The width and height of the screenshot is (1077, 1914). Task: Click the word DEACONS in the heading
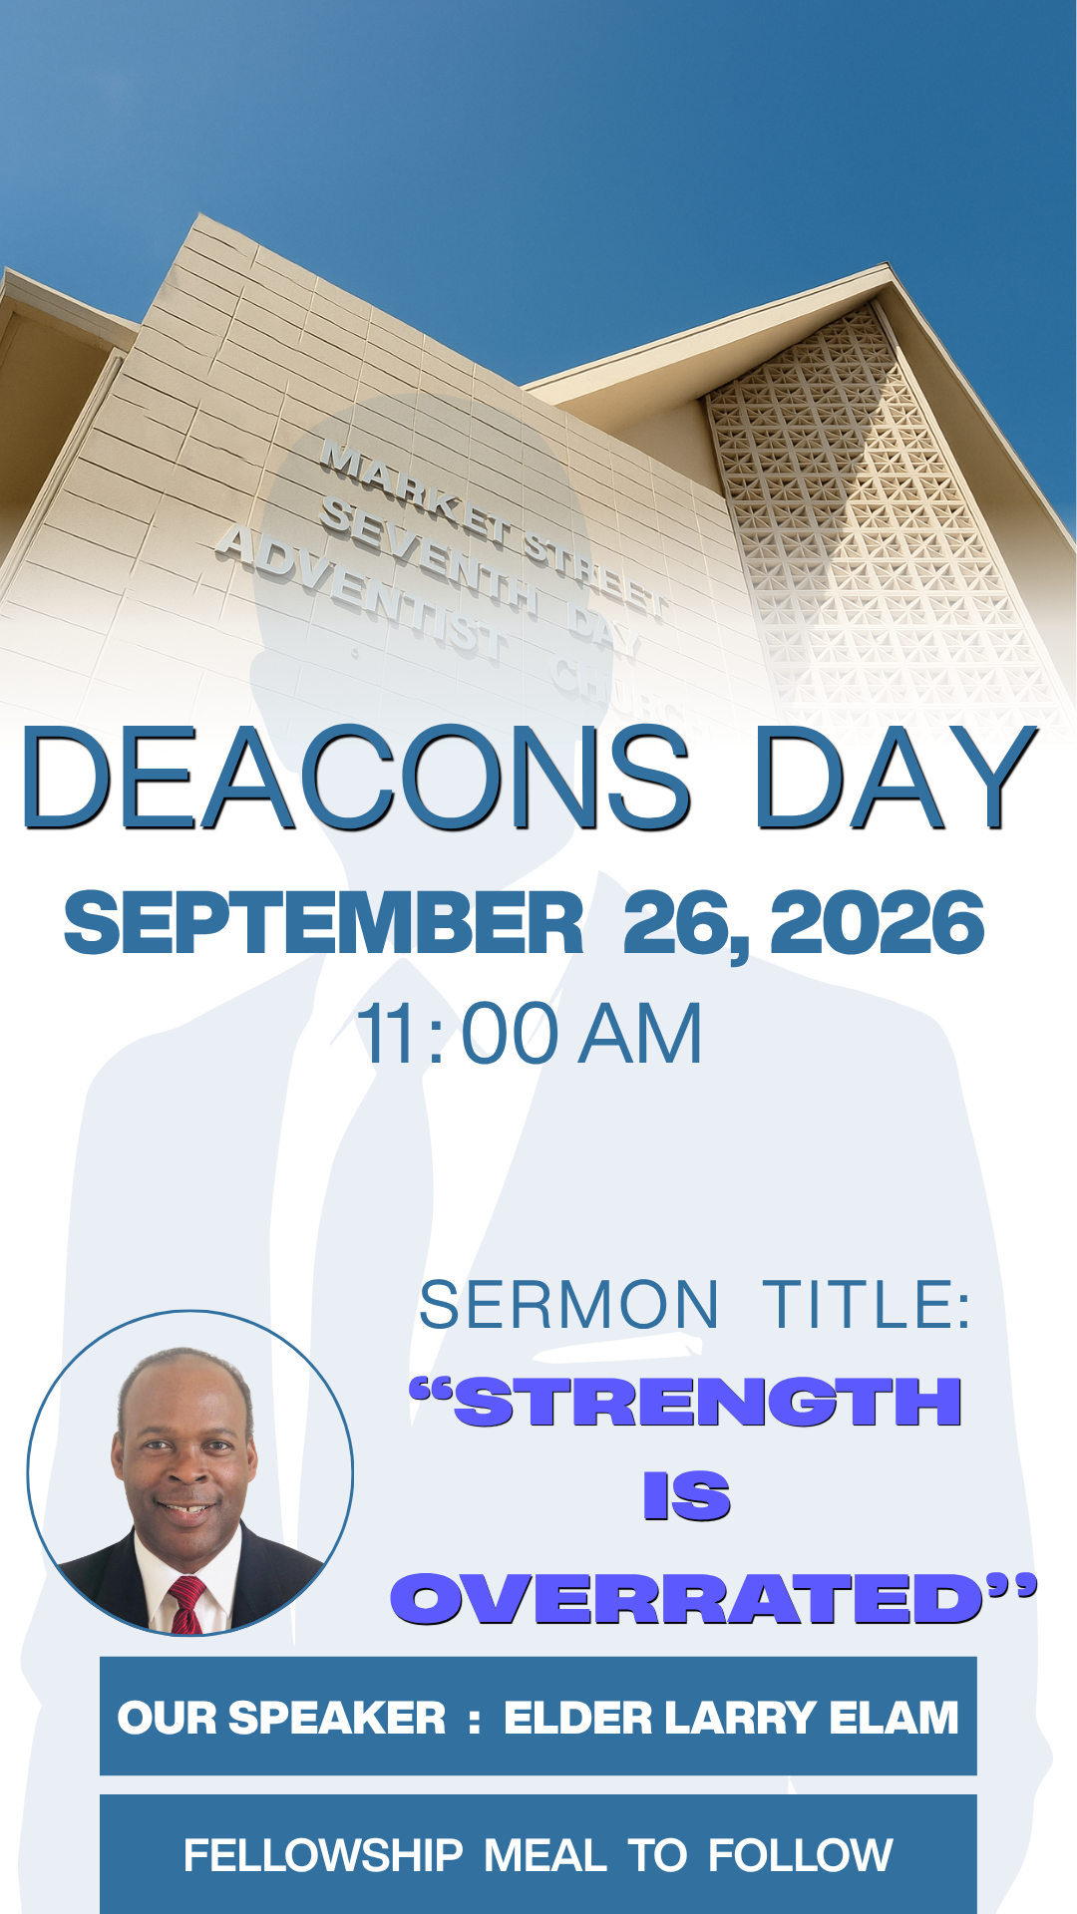(355, 778)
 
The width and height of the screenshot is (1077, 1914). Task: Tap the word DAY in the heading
(895, 778)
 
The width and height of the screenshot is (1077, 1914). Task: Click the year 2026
(878, 923)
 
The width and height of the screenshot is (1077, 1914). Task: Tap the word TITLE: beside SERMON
(867, 1305)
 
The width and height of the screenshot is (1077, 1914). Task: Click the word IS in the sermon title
(687, 1496)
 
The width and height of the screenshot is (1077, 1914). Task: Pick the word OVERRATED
(688, 1598)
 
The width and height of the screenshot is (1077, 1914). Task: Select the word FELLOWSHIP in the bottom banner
(323, 1856)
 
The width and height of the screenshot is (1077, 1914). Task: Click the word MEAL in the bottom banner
(545, 1856)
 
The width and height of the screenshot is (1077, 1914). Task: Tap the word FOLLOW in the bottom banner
(800, 1856)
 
